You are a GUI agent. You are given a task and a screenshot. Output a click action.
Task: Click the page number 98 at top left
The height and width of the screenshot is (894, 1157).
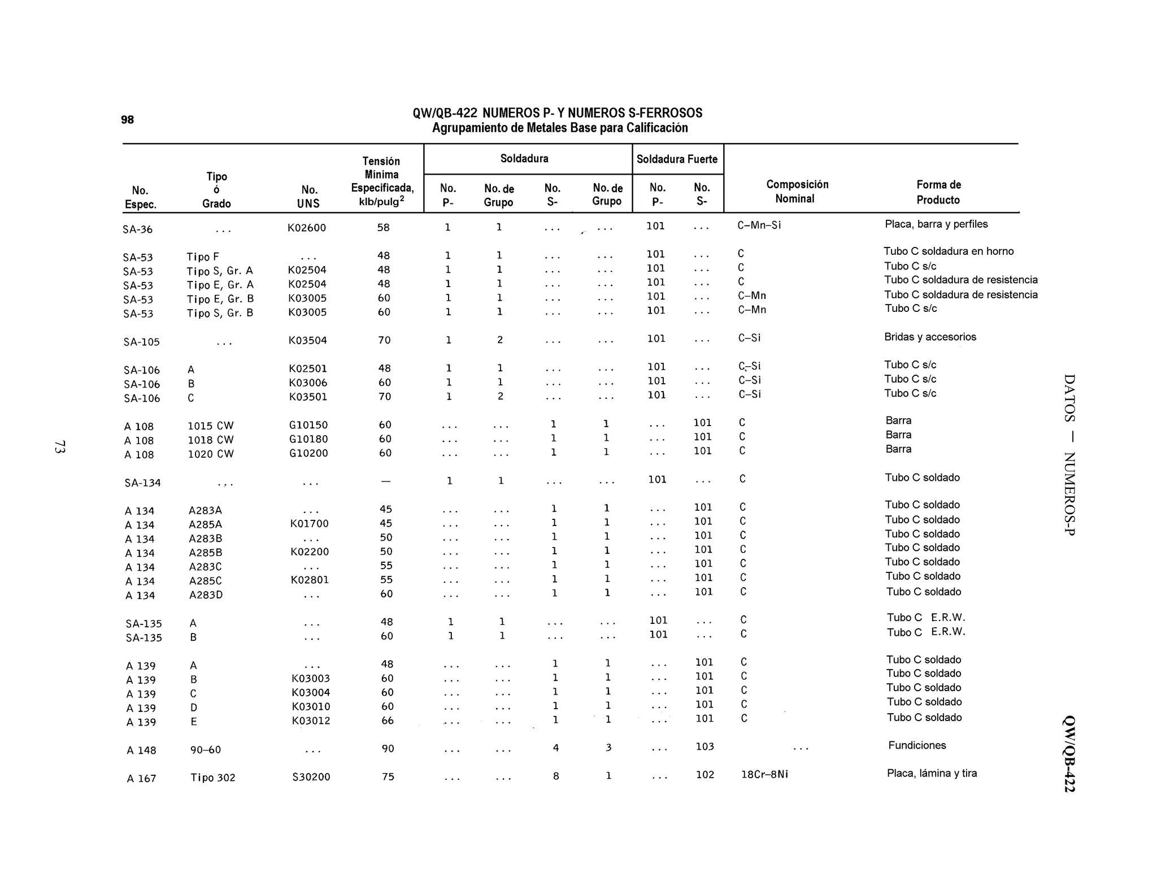point(127,120)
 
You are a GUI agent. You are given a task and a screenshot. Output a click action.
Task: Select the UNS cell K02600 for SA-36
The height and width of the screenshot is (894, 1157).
point(307,228)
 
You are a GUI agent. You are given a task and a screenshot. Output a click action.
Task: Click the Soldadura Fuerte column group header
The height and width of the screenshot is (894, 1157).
point(677,159)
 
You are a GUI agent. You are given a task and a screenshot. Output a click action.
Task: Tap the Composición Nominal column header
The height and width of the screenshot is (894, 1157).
point(797,192)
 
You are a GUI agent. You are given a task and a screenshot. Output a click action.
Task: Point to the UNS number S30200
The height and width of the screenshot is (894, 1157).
point(311,777)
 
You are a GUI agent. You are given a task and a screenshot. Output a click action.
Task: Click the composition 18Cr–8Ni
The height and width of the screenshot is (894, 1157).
point(764,774)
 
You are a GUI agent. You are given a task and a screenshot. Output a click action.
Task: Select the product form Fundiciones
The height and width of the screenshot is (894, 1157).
point(917,745)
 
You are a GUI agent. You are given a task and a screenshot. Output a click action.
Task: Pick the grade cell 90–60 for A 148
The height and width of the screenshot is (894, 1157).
point(206,750)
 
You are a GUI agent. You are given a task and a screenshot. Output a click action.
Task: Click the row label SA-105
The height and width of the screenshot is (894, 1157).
point(141,342)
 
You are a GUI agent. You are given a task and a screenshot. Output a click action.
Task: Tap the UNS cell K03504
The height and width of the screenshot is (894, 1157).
point(307,340)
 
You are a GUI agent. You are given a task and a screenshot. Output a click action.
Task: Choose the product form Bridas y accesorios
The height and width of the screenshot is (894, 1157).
point(930,337)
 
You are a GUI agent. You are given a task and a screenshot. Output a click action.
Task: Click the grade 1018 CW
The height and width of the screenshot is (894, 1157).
point(210,440)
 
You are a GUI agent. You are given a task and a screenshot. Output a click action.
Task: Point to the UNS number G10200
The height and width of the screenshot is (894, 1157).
point(308,453)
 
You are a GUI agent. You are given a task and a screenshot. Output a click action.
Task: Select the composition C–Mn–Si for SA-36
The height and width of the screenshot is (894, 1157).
point(759,225)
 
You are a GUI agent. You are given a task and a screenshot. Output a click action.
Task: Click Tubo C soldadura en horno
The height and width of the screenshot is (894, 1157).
point(949,251)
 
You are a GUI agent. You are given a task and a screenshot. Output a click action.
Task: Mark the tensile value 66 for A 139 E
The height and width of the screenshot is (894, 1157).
point(387,721)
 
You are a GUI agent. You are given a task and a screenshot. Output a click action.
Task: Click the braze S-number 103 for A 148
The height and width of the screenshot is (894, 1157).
point(704,747)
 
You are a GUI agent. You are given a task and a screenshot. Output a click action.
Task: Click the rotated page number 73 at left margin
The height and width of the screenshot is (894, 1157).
point(59,446)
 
